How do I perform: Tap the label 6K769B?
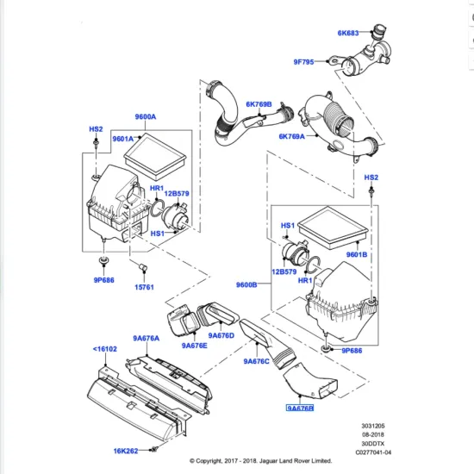click(258, 104)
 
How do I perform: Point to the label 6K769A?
click(292, 136)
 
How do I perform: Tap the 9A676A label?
click(147, 339)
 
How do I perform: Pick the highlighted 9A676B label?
click(302, 409)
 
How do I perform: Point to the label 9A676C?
click(257, 361)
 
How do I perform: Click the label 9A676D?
click(221, 336)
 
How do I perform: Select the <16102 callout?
click(106, 349)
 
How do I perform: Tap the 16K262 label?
click(128, 450)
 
